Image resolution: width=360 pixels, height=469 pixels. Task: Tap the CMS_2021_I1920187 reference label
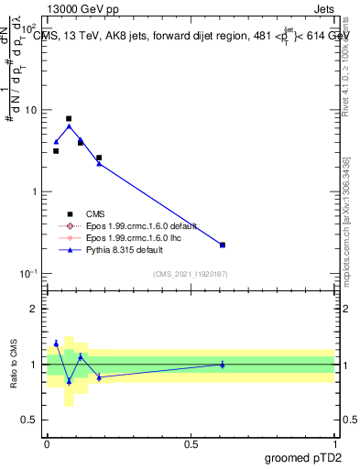click(191, 274)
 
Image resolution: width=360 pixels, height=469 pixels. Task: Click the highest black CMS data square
click(69, 119)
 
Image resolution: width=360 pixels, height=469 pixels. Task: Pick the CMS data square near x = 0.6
click(223, 245)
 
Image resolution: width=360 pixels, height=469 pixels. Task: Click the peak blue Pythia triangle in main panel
click(69, 126)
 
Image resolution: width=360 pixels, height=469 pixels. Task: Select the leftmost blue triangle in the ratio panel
click(56, 344)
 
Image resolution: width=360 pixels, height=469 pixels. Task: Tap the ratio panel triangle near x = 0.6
click(223, 364)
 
